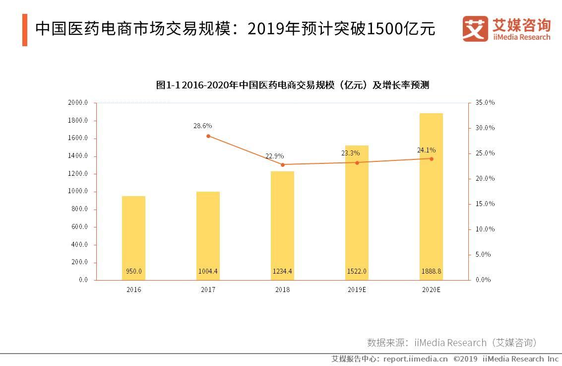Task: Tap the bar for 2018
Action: (x=282, y=223)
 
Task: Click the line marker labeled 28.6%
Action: (x=208, y=136)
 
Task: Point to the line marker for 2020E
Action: (x=431, y=159)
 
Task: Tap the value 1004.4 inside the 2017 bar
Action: (x=208, y=271)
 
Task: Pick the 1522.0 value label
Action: (x=357, y=271)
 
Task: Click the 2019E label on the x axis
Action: (x=357, y=290)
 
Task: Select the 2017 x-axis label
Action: (x=208, y=290)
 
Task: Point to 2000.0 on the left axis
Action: (x=78, y=103)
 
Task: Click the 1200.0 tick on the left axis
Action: (x=78, y=174)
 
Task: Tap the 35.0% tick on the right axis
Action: (x=485, y=103)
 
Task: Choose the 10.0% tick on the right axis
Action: (x=485, y=229)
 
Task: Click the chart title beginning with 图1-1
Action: (x=292, y=85)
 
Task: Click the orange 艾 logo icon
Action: (x=475, y=29)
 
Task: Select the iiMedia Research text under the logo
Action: (x=521, y=37)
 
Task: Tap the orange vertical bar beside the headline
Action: (x=24, y=30)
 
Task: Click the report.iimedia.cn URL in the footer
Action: (x=415, y=359)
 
